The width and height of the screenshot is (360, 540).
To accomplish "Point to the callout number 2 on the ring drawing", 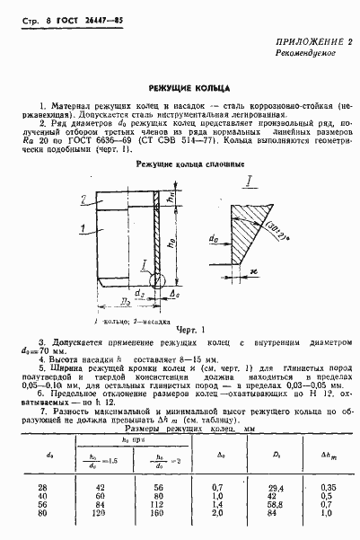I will [83, 199].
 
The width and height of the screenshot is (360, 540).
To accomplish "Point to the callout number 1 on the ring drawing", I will [83, 230].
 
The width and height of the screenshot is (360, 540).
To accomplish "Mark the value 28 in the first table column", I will [43, 486].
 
